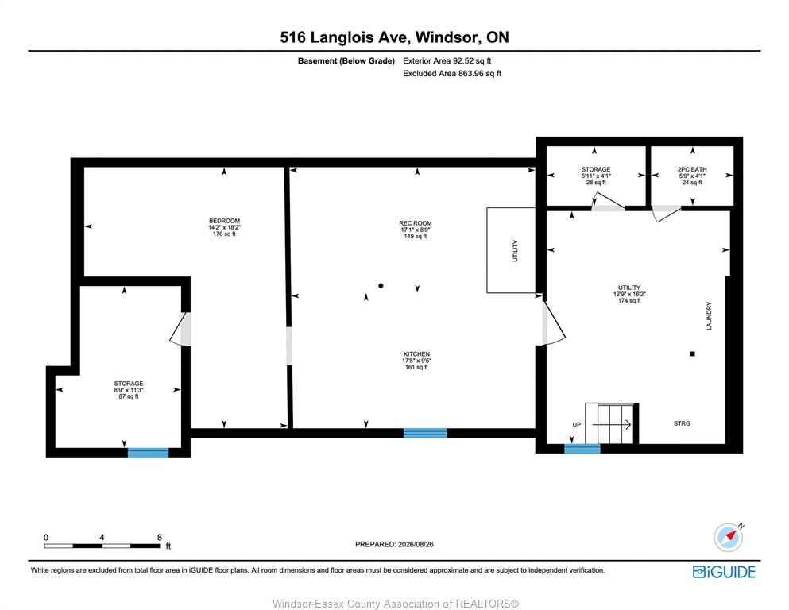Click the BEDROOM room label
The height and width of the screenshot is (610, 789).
click(x=224, y=221)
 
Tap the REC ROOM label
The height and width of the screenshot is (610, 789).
click(x=415, y=223)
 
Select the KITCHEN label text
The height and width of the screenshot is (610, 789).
click(x=416, y=354)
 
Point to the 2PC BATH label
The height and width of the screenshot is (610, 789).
click(x=692, y=169)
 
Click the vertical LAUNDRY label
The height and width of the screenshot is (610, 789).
click(x=709, y=316)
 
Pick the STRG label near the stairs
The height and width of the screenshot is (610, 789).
click(x=682, y=423)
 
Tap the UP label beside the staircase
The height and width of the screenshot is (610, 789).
click(x=577, y=425)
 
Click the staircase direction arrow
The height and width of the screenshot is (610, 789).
click(x=612, y=425)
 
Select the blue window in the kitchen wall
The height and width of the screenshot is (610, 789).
click(x=425, y=433)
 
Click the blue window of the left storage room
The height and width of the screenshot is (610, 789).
click(x=148, y=453)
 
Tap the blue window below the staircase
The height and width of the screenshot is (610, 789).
click(x=582, y=449)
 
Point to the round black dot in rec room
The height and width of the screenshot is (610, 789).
click(x=381, y=286)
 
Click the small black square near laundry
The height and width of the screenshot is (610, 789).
click(x=692, y=354)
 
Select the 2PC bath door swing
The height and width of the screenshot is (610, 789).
click(x=666, y=214)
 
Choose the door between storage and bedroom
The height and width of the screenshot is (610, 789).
click(x=180, y=330)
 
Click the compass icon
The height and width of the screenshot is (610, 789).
click(x=728, y=537)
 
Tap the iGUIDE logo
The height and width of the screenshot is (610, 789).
click(x=724, y=573)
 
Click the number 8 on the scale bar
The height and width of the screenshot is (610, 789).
click(x=160, y=537)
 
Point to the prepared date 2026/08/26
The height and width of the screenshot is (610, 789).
click(x=416, y=544)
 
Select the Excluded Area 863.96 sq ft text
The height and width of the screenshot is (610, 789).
click(x=452, y=73)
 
